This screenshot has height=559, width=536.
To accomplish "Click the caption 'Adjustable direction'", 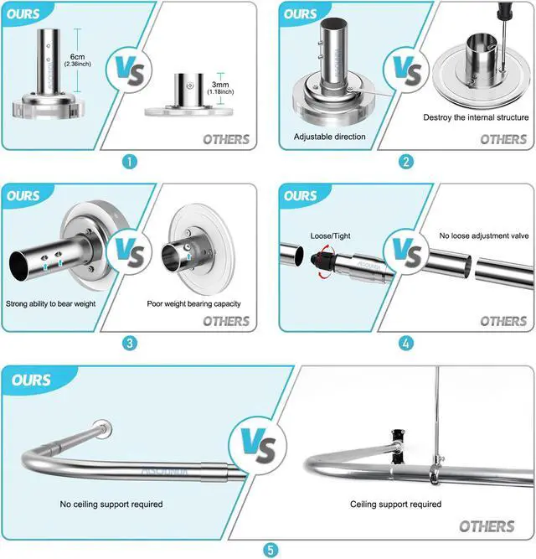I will pos(331,135).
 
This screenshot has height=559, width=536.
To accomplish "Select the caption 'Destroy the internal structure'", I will pos(476,117).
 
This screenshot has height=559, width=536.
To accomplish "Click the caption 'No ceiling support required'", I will pos(111,505).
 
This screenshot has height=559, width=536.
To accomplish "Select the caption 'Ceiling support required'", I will pos(395,505).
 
